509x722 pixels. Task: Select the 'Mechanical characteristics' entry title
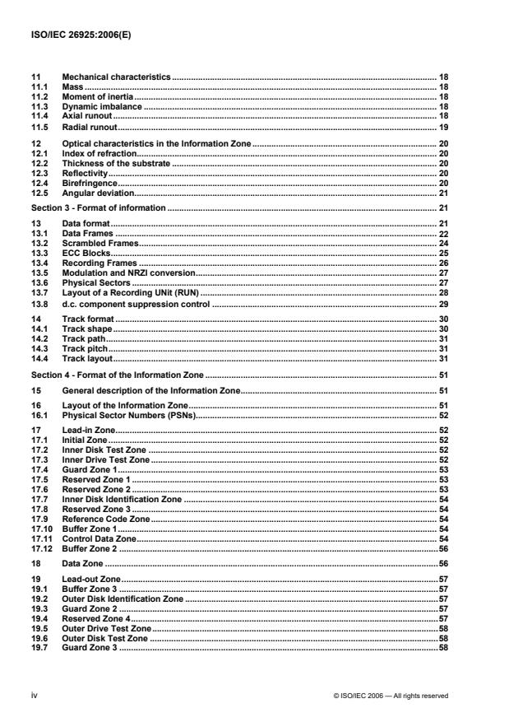click(116, 76)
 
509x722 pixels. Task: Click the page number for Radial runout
click(442, 128)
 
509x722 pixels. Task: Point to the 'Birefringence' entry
click(90, 184)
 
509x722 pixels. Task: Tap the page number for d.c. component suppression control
click(442, 305)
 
